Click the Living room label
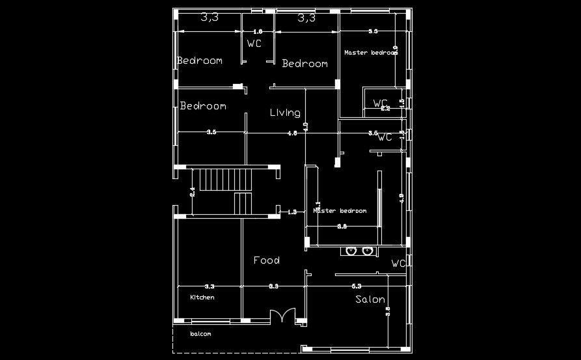pyautogui.click(x=285, y=113)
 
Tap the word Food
pyautogui.click(x=266, y=260)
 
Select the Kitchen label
pyautogui.click(x=202, y=297)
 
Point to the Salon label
pyautogui.click(x=370, y=299)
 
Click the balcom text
pyautogui.click(x=200, y=334)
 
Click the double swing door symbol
pyautogui.click(x=282, y=315)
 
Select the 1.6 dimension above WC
pyautogui.click(x=257, y=31)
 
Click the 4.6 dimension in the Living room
pyautogui.click(x=291, y=133)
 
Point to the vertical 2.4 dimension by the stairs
pyautogui.click(x=193, y=191)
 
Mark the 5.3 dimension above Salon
pyautogui.click(x=357, y=286)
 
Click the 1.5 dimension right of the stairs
pyautogui.click(x=291, y=212)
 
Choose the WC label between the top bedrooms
pyautogui.click(x=254, y=44)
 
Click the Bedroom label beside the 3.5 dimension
pyautogui.click(x=203, y=106)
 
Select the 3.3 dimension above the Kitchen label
pyautogui.click(x=209, y=286)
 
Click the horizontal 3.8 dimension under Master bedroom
pyautogui.click(x=342, y=227)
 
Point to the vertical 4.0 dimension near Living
pyautogui.click(x=306, y=127)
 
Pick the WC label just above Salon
pyautogui.click(x=398, y=264)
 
